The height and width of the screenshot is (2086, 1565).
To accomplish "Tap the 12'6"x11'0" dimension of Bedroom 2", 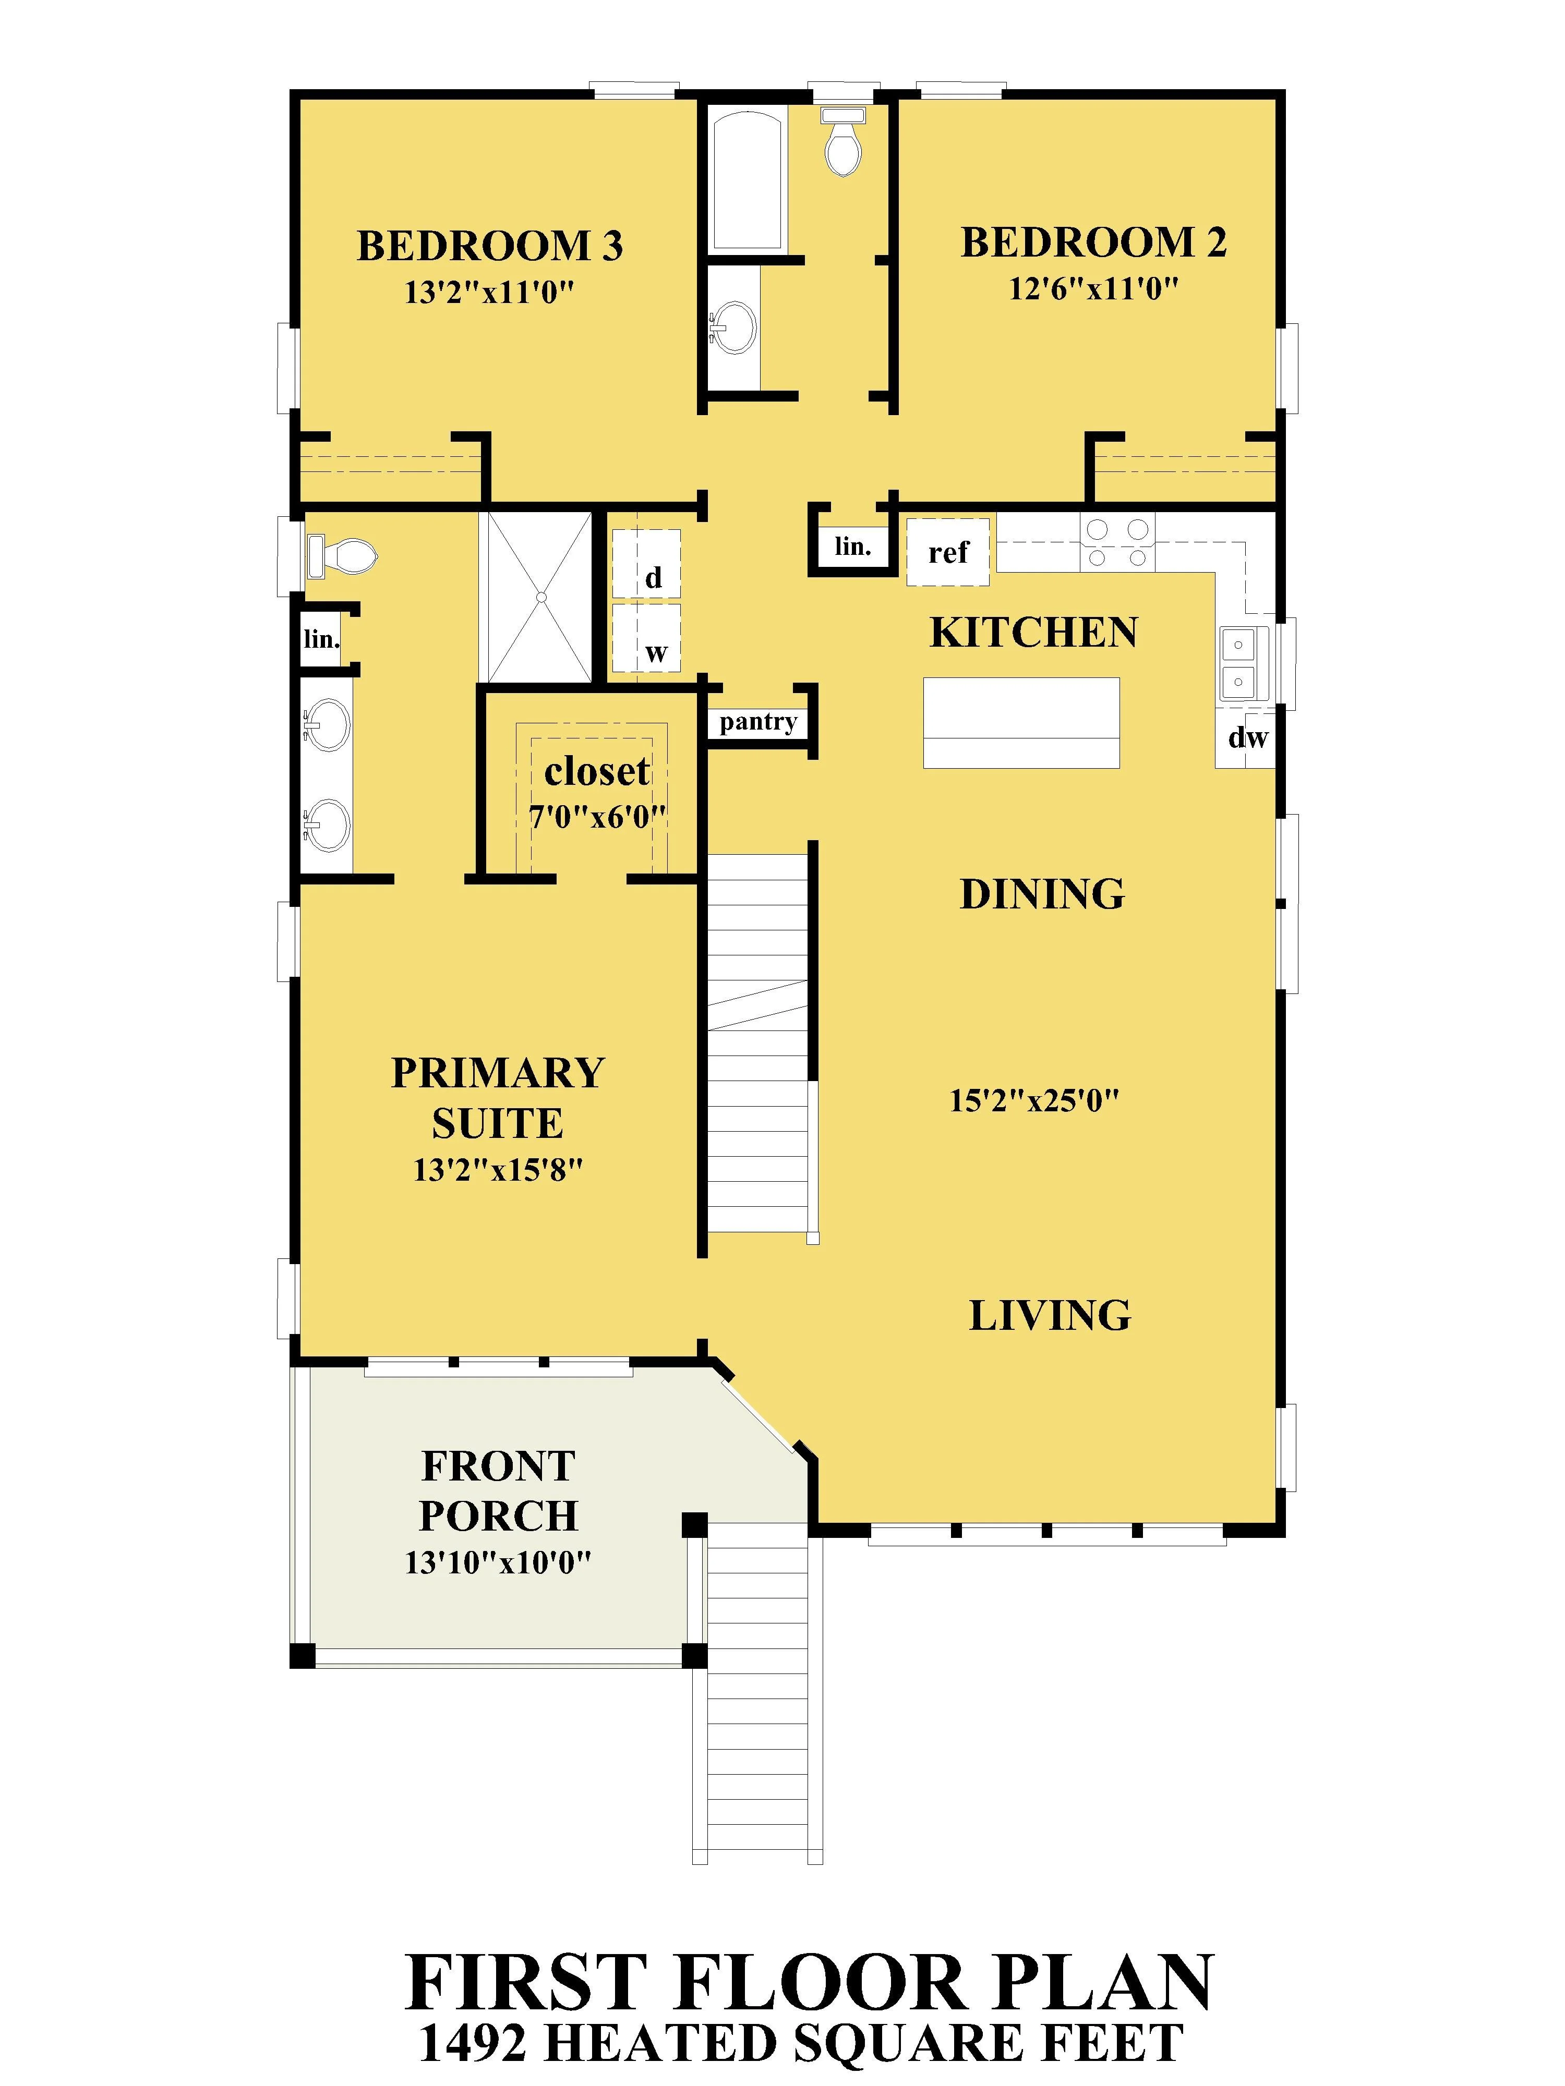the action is (1093, 288).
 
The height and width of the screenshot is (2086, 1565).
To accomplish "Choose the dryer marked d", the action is (646, 563).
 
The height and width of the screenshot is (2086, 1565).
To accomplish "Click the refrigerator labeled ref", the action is (948, 552).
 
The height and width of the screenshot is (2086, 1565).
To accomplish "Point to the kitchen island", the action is (1021, 722).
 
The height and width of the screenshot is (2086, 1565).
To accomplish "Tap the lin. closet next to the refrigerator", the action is (852, 546).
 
